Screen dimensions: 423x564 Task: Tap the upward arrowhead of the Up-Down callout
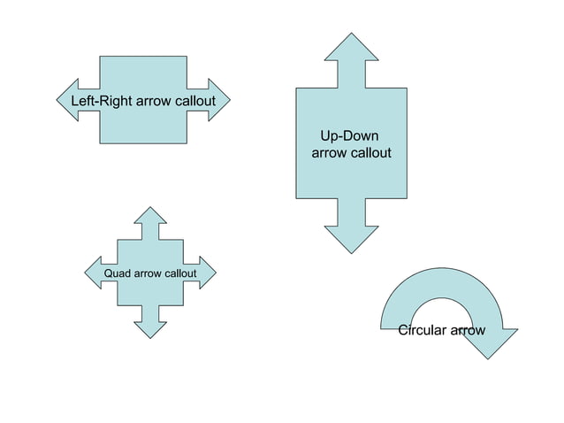(x=352, y=49)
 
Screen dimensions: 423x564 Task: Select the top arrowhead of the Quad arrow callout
(x=152, y=216)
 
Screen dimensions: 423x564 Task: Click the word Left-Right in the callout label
(x=101, y=101)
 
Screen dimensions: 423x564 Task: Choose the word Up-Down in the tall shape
(x=349, y=136)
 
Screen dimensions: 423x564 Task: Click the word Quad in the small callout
(x=118, y=273)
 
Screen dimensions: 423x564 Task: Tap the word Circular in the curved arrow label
(x=423, y=331)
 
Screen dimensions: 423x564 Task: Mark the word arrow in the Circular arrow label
(x=468, y=331)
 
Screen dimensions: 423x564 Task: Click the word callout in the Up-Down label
(x=370, y=153)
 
